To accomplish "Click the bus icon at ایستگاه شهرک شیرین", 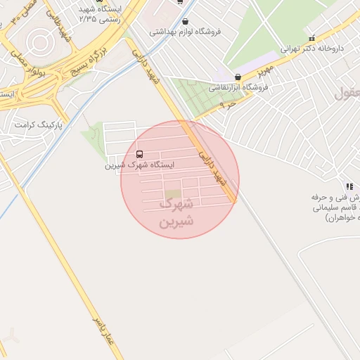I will click(138, 154).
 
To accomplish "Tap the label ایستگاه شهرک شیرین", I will click(139, 165).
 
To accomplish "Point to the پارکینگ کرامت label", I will click(39, 125).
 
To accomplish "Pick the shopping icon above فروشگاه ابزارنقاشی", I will click(237, 77).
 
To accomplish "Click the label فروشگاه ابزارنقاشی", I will click(237, 89).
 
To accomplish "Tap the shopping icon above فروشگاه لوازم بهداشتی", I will click(185, 21).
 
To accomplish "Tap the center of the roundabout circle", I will click(39, 41).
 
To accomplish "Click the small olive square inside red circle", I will click(172, 195).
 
